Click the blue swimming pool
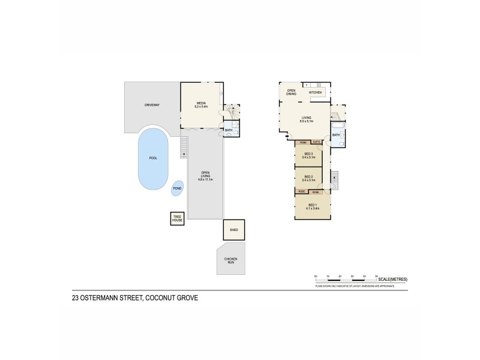[x=154, y=158]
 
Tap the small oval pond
[x=178, y=188]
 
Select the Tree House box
[x=177, y=219]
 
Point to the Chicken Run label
[x=231, y=260]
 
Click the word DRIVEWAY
[x=152, y=105]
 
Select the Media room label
[x=202, y=103]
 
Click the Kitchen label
[x=316, y=93]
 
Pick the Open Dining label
[x=291, y=92]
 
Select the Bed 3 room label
[x=308, y=154]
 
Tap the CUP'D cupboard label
[x=316, y=142]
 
